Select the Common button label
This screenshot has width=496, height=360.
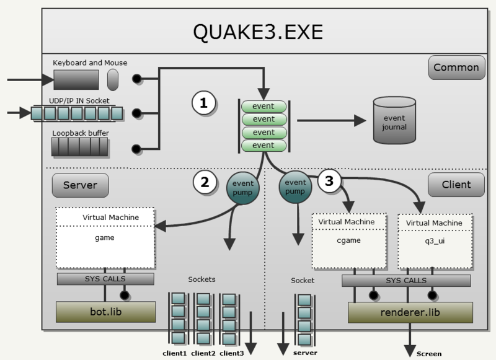pyautogui.click(x=456, y=68)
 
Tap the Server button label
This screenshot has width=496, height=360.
pyautogui.click(x=80, y=184)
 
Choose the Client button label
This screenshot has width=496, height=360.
pyautogui.click(x=456, y=184)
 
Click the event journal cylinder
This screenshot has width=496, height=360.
pyautogui.click(x=394, y=121)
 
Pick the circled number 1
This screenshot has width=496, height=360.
pyautogui.click(x=203, y=104)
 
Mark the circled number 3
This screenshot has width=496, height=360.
pyautogui.click(x=329, y=181)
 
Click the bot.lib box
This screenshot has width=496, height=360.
pyautogui.click(x=105, y=312)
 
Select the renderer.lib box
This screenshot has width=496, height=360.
pyautogui.click(x=410, y=312)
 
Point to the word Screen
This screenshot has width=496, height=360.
pyautogui.click(x=429, y=354)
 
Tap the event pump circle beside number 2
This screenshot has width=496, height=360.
pyautogui.click(x=241, y=184)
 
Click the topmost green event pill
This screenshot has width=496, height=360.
pyautogui.click(x=263, y=106)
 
